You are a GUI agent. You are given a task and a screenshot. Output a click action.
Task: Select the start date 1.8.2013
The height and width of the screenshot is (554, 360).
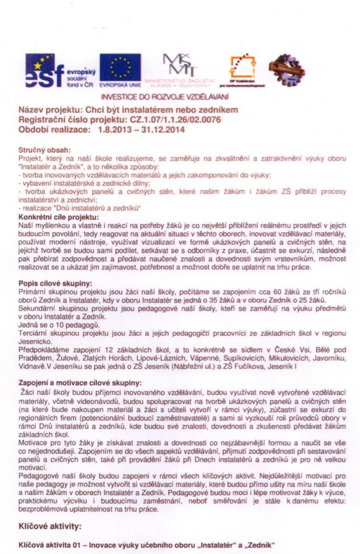[117, 130]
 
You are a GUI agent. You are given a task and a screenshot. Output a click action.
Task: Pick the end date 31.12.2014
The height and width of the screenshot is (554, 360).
[164, 130]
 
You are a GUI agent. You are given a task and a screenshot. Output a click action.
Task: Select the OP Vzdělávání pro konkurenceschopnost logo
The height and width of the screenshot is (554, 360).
[242, 72]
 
